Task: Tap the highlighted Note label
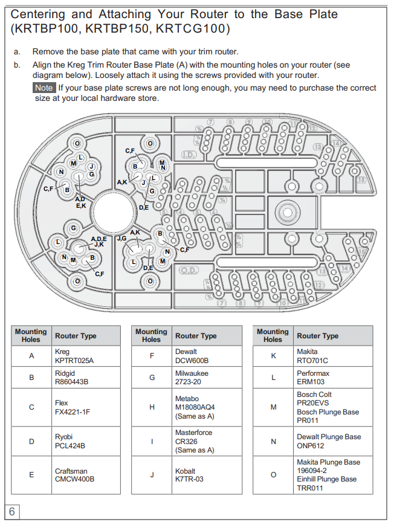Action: [x=44, y=88]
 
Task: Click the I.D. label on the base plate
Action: [x=189, y=155]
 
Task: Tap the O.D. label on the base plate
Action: [x=189, y=270]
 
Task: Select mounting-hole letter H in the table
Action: [x=152, y=407]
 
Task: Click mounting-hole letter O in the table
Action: [x=273, y=475]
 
